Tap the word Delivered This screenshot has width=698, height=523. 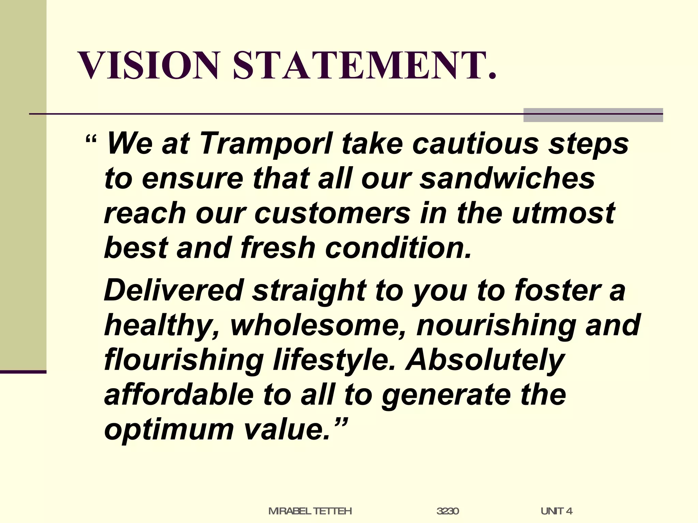click(174, 290)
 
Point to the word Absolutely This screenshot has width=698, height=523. click(485, 360)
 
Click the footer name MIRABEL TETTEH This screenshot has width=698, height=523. click(310, 511)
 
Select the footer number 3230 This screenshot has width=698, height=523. click(447, 511)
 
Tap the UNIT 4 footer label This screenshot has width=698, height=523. click(556, 511)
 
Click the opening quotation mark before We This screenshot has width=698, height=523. click(91, 140)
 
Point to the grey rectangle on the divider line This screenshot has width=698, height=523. click(593, 115)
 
